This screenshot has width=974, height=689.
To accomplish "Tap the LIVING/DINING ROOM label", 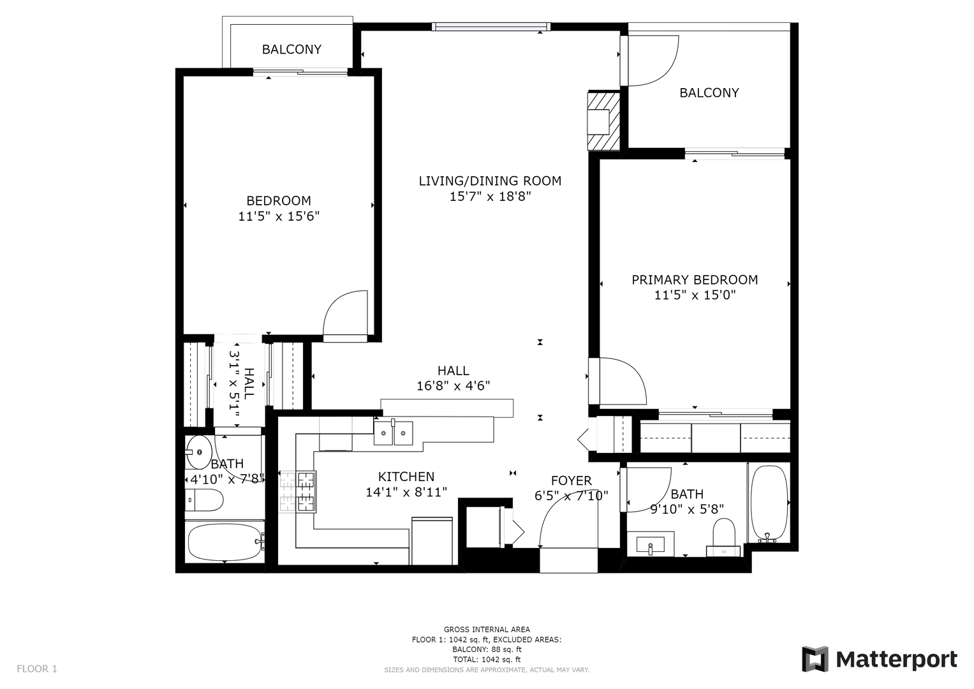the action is pos(490,181).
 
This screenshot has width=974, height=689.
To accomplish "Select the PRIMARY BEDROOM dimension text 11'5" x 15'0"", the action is pos(695,295).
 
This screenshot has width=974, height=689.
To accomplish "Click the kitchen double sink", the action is pos(393,433).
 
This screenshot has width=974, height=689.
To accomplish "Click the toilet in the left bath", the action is pos(204,500).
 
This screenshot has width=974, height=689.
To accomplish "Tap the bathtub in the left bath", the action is pos(225,542).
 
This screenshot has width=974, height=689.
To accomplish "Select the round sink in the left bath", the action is pos(199,452).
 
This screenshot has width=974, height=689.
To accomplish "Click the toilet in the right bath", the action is pos(724,538).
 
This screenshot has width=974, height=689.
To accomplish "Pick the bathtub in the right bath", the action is pos(769,504).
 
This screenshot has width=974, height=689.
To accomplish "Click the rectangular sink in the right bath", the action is pos(651,544).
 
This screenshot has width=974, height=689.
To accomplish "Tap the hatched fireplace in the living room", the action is pos(603,121).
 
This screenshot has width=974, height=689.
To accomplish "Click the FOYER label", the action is pos(572,480).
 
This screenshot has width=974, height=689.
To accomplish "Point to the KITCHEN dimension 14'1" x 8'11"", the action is pos(406,492).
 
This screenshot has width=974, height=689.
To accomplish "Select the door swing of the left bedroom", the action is pos(345,313).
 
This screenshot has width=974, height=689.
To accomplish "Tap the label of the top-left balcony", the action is pos(291,50).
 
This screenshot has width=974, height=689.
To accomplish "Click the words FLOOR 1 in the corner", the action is pos(37,669).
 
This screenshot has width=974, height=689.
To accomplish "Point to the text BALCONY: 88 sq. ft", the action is pos(487,649).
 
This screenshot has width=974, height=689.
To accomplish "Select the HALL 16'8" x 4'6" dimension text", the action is pos(453,386).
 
